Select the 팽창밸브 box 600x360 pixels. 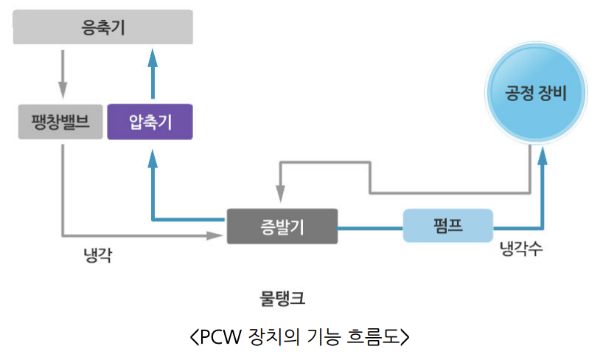click(61, 122)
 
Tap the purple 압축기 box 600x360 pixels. click(150, 122)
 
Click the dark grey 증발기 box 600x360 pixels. click(282, 226)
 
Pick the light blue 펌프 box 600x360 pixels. click(447, 226)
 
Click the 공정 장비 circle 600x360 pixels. click(536, 94)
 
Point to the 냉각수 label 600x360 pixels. click(521, 250)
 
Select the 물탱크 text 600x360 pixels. click(282, 299)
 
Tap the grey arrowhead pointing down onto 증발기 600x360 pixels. click(282, 194)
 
